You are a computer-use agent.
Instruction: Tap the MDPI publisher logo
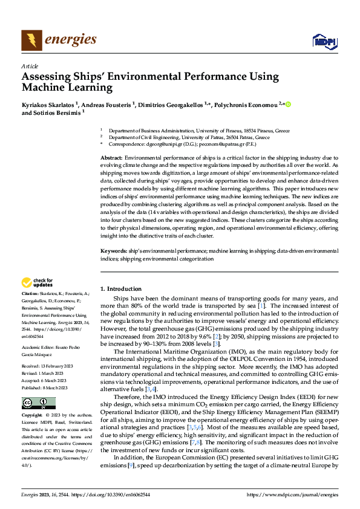(x=324, y=41)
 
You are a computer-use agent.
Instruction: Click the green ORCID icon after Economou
(x=289, y=104)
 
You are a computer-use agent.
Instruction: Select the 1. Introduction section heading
(x=121, y=289)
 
